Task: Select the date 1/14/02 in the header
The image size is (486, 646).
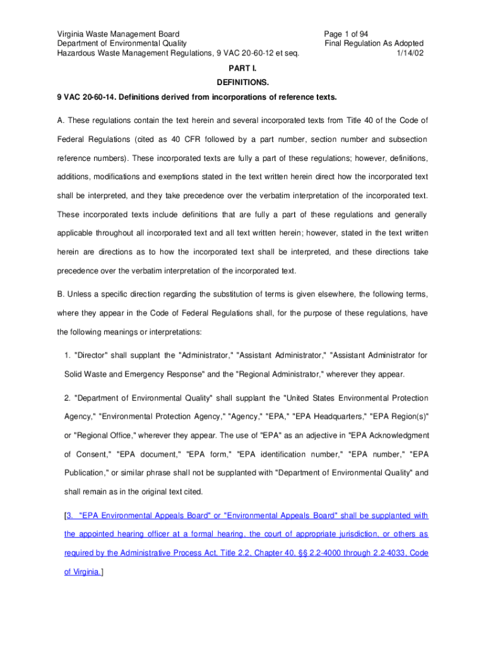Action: click(410, 53)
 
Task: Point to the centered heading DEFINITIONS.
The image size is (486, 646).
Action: click(243, 83)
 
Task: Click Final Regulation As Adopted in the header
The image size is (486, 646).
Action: click(374, 44)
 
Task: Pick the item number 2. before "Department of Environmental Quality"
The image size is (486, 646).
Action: click(68, 398)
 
